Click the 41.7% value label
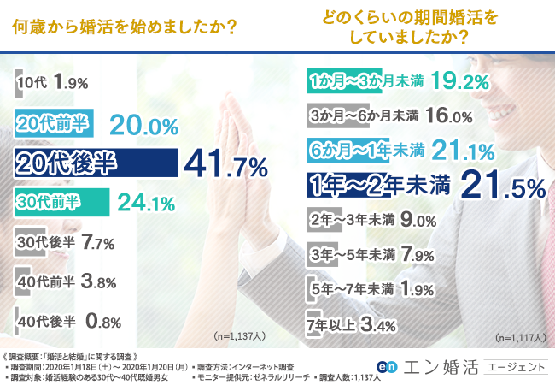tap(223, 163)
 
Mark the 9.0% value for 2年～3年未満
tap(419, 220)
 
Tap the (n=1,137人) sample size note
tap(232, 335)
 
